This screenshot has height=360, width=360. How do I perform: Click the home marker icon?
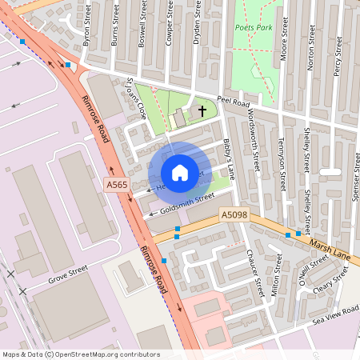tap(180, 172)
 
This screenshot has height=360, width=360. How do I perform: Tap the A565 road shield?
tap(117, 185)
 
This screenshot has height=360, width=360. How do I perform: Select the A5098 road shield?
tap(234, 214)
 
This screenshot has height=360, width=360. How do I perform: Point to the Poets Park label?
tap(254, 27)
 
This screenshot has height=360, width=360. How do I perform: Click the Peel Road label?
tap(234, 104)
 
